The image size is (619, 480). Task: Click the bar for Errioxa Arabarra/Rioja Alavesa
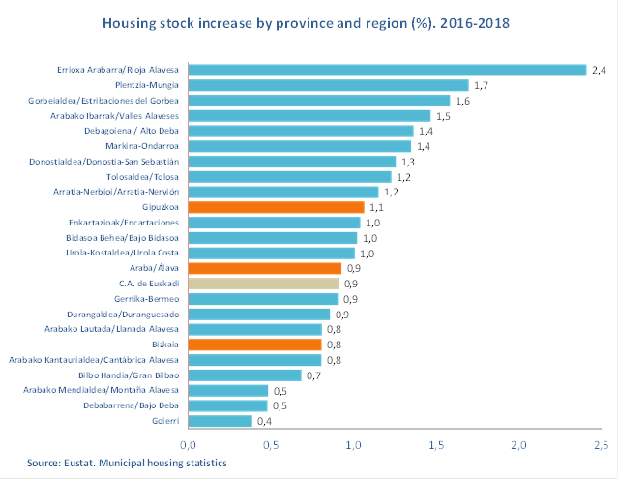(x=387, y=70)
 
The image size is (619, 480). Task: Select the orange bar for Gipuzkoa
(x=276, y=207)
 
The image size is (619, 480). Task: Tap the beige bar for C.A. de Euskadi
(x=263, y=284)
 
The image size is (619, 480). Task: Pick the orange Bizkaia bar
(x=254, y=345)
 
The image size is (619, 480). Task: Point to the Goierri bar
(x=221, y=421)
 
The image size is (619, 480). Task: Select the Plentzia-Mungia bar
(x=328, y=85)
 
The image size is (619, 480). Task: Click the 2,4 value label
(x=601, y=70)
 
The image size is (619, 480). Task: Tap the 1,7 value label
(x=481, y=85)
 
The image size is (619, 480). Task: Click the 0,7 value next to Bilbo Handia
(x=314, y=375)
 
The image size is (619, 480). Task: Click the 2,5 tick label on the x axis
(x=601, y=444)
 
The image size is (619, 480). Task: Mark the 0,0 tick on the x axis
(x=189, y=444)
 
